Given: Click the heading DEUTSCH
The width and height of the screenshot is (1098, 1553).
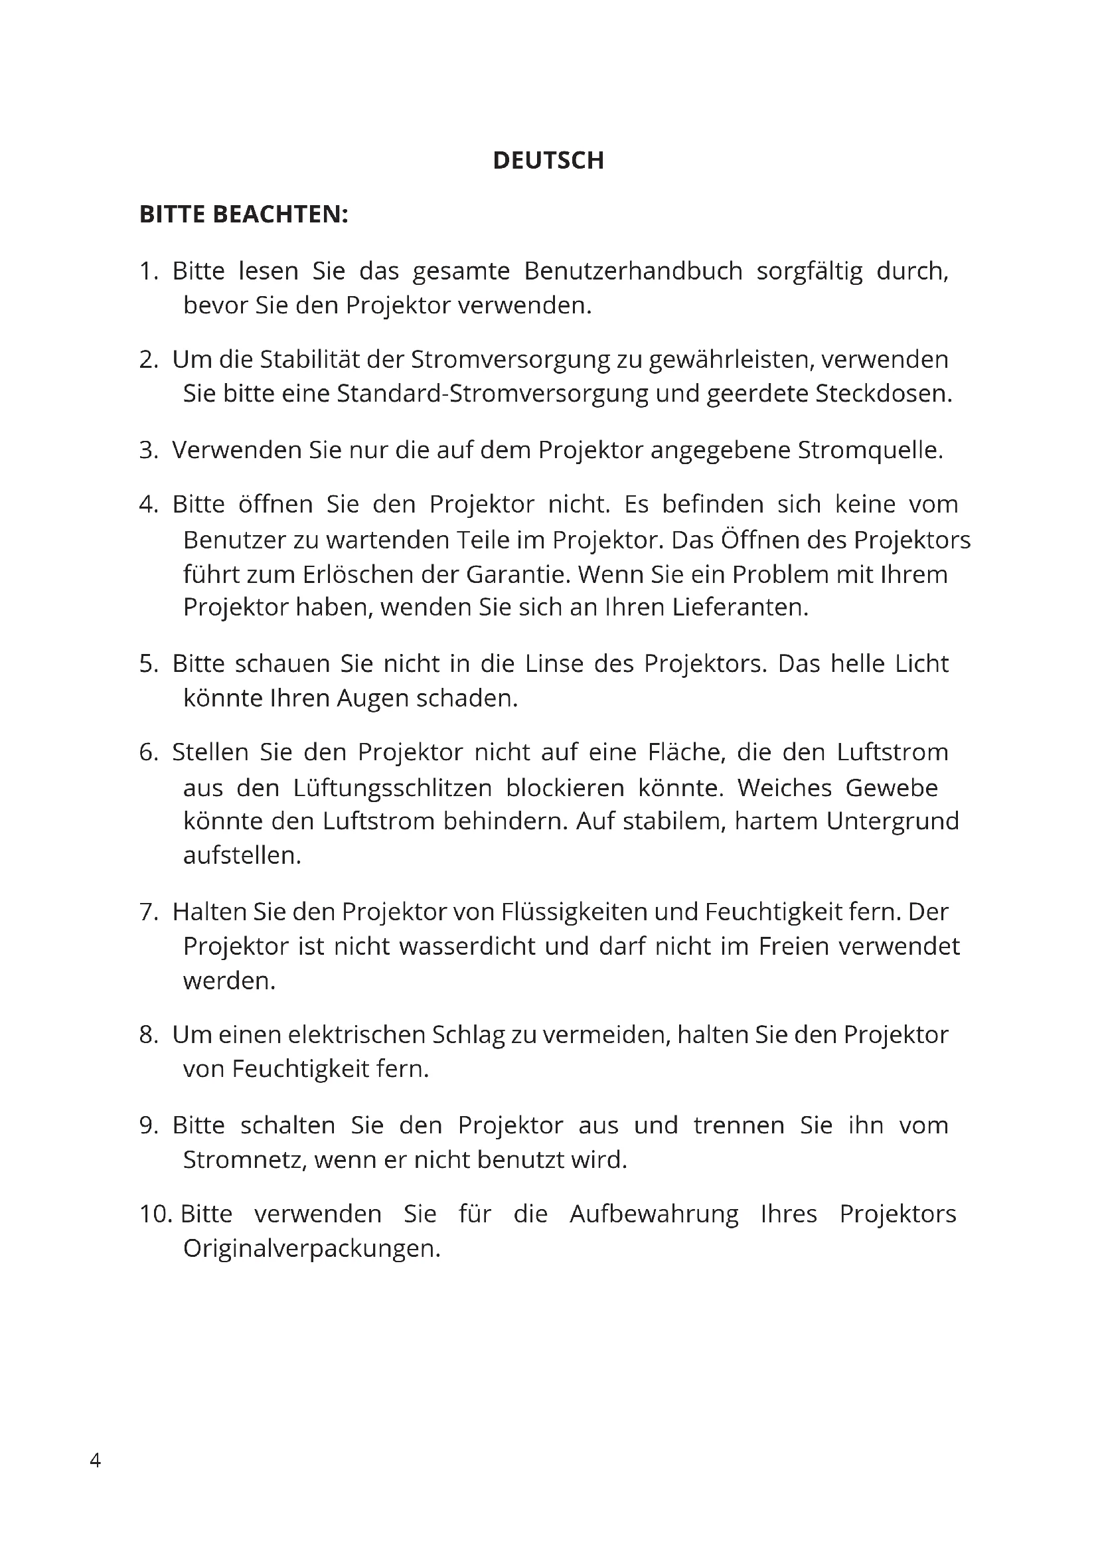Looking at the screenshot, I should click(x=548, y=160).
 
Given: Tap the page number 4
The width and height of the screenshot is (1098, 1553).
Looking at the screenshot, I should click(x=96, y=1460).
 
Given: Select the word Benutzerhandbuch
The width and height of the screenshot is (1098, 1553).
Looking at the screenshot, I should click(x=633, y=272).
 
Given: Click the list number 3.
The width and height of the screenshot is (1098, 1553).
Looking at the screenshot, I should click(x=148, y=450).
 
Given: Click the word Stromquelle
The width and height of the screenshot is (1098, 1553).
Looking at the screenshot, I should click(x=870, y=450).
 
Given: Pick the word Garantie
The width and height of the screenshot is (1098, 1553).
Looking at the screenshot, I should click(x=518, y=574).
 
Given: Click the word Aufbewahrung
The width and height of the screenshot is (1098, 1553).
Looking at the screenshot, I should click(x=654, y=1214).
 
